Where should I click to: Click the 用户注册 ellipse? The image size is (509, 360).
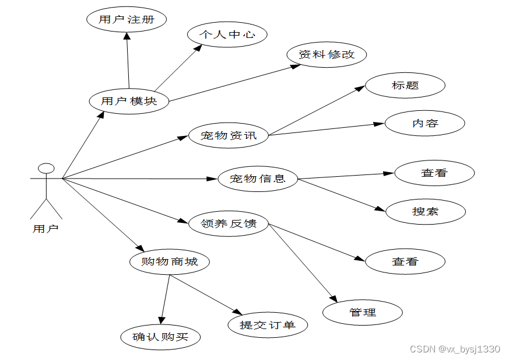click(x=127, y=19)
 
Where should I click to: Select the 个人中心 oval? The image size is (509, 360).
click(x=227, y=34)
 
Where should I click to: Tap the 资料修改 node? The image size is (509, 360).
click(x=327, y=54)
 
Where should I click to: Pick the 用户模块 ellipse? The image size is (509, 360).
click(x=129, y=101)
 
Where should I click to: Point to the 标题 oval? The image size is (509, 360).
click(x=405, y=85)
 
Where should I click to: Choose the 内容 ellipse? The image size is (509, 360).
click(x=425, y=123)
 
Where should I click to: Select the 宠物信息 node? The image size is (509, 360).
click(x=258, y=179)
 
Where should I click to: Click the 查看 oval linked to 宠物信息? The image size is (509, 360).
click(x=434, y=173)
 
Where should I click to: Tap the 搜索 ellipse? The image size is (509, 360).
click(x=425, y=211)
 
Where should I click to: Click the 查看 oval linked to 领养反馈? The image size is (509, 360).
click(x=405, y=261)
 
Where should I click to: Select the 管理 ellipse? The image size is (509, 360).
click(x=363, y=313)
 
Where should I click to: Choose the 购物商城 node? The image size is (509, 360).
click(x=170, y=261)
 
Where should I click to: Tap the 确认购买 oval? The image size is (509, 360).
click(x=160, y=337)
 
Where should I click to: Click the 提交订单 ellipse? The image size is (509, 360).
click(x=268, y=324)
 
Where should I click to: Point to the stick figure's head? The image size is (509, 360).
click(x=46, y=169)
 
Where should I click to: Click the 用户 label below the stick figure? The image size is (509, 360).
click(x=45, y=229)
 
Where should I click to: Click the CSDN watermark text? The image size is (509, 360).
click(x=455, y=349)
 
